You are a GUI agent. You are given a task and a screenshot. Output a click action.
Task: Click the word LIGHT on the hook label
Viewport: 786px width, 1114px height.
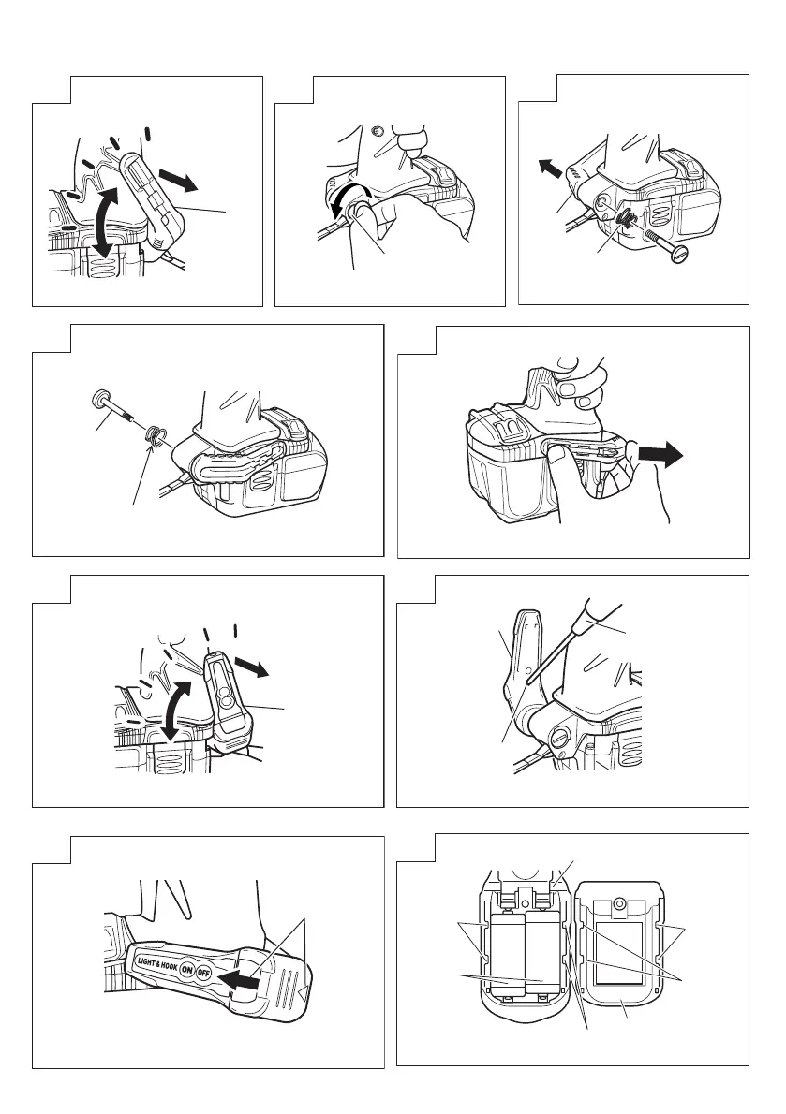(x=145, y=962)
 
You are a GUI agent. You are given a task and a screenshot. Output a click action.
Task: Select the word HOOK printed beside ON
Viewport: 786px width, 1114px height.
(x=169, y=966)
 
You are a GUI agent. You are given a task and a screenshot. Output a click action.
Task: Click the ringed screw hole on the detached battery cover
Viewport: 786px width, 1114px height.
(x=619, y=904)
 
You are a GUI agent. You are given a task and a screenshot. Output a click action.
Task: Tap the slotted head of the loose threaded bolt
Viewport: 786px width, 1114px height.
(x=679, y=254)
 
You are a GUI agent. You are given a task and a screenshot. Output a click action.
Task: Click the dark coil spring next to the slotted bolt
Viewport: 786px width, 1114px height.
(x=626, y=221)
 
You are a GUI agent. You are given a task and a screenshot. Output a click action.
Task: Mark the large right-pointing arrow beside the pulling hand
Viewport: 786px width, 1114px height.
(x=660, y=456)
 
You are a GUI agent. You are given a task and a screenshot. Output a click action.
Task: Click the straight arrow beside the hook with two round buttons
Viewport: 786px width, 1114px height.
(x=251, y=668)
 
